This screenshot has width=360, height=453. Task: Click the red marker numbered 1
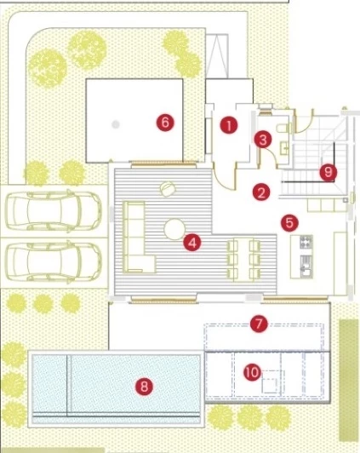click(x=229, y=125)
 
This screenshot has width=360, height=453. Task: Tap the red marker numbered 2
click(x=261, y=192)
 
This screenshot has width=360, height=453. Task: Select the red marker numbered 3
click(x=263, y=140)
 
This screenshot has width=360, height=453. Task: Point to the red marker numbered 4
click(x=192, y=243)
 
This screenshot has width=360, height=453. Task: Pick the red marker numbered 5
click(x=289, y=223)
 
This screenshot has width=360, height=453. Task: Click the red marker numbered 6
click(x=165, y=123)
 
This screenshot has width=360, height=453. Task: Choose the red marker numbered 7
click(x=259, y=324)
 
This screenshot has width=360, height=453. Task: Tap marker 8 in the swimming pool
click(x=144, y=386)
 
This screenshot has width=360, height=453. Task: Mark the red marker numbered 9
click(x=329, y=173)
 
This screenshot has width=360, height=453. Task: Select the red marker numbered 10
click(x=252, y=372)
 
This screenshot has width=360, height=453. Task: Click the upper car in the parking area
click(x=54, y=210)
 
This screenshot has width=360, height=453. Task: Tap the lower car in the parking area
click(x=54, y=261)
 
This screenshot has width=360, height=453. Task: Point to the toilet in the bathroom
click(x=283, y=128)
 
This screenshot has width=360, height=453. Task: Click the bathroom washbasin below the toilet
click(x=283, y=148)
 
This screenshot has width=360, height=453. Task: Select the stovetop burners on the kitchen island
click(x=306, y=242)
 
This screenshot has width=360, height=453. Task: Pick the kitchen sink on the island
click(x=306, y=267)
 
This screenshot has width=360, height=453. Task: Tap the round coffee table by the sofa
click(x=174, y=229)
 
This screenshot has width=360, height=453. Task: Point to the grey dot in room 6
click(x=116, y=124)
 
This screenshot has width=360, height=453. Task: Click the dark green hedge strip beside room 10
click(x=349, y=380)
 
